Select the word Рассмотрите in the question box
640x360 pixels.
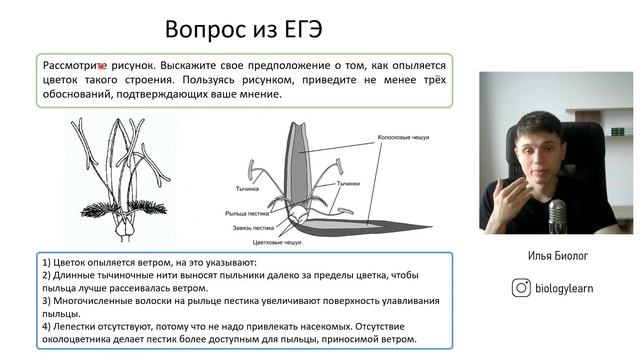tap(80, 64)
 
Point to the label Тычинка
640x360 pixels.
tap(248, 188)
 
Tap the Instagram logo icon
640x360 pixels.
tap(521, 288)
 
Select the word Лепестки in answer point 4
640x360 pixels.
tap(78, 325)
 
